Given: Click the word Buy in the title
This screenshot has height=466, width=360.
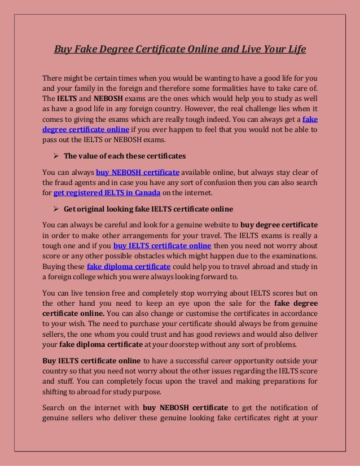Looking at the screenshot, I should tap(63, 50).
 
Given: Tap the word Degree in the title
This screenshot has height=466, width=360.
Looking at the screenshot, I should tap(114, 50).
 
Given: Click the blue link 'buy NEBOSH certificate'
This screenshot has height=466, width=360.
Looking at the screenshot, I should tap(138, 172).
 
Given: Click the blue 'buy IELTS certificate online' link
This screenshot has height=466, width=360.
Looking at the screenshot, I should tap(163, 246).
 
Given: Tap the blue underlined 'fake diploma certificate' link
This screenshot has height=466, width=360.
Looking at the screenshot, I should tap(129, 266).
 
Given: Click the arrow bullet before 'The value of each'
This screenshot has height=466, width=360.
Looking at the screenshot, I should tap(56, 155).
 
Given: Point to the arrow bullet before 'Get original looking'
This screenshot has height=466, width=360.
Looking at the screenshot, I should tap(56, 209).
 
